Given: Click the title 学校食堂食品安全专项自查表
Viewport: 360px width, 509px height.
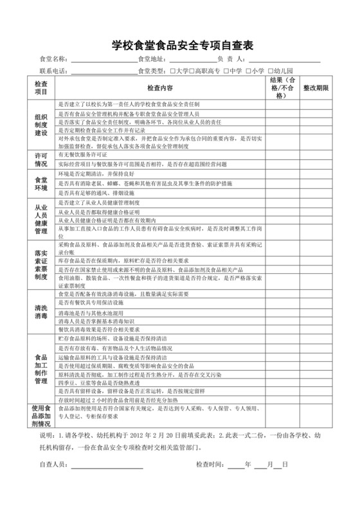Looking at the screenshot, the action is [x=179, y=45].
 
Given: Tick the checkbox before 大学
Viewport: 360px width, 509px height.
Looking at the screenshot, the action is [x=172, y=71].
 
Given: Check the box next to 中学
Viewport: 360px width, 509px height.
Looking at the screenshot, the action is [x=226, y=71].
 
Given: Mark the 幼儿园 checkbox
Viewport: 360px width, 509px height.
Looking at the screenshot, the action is [x=271, y=71].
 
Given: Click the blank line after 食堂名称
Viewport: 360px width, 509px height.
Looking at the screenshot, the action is [x=103, y=61].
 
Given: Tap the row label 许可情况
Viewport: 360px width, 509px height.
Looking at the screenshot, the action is [x=41, y=159].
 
